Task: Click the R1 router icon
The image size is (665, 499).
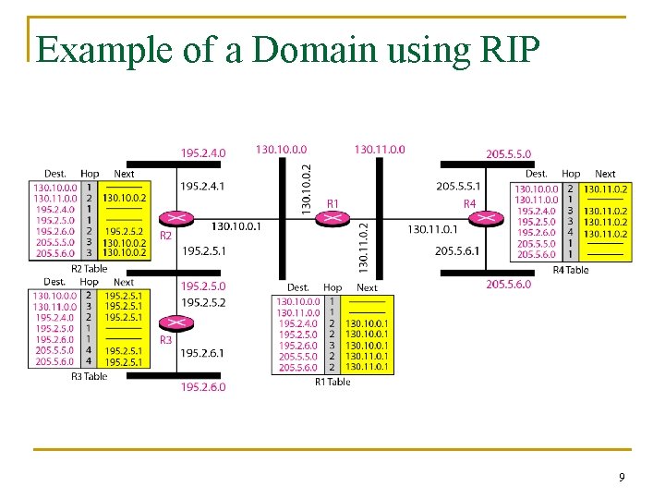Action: tap(329, 218)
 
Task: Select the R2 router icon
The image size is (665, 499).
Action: tap(171, 219)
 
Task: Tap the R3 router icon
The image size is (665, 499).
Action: tap(171, 323)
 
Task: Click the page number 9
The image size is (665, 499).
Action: tap(622, 477)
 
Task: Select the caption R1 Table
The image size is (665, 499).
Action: tap(332, 382)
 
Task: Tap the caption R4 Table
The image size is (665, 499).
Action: tap(570, 270)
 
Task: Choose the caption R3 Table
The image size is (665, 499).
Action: tap(90, 376)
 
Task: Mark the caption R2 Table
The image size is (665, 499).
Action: tap(90, 269)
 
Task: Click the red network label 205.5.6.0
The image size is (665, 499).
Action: tap(508, 285)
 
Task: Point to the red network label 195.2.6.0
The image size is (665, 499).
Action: tap(202, 387)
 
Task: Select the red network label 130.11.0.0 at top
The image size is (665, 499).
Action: tap(379, 150)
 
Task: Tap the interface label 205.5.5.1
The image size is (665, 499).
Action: tap(458, 186)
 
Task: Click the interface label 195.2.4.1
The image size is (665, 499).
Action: tap(202, 186)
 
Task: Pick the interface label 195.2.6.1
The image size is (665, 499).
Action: tap(202, 353)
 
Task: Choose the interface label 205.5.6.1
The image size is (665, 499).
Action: tap(458, 250)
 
